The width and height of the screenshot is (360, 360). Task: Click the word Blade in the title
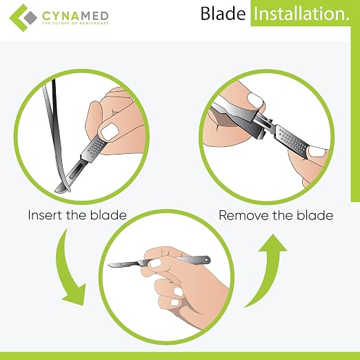[223, 14]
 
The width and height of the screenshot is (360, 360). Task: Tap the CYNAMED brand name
[75, 16]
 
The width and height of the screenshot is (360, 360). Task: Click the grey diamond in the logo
[30, 17]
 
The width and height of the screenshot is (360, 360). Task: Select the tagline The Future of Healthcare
[75, 23]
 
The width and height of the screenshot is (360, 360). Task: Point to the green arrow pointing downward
[68, 271]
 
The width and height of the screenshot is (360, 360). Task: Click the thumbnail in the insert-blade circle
[110, 132]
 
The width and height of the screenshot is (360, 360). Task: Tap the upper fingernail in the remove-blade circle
[255, 100]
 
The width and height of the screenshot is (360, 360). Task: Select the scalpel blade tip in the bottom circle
[109, 266]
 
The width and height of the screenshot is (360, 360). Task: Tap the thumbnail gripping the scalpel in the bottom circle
[155, 263]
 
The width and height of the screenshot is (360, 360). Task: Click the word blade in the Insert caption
[108, 215]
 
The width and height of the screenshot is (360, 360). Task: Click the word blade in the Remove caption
[315, 215]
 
